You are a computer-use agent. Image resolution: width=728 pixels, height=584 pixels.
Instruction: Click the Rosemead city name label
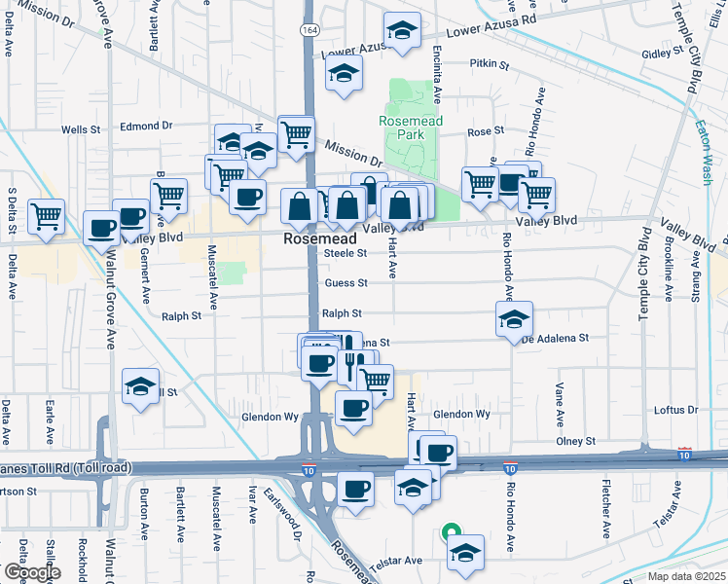(310, 238)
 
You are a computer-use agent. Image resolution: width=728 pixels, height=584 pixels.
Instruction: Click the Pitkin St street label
(490, 64)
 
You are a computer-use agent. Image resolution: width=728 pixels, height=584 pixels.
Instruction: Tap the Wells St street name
(81, 128)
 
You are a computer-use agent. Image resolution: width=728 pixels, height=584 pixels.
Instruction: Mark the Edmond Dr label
(146, 126)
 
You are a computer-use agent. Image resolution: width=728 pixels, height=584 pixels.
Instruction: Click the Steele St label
(344, 253)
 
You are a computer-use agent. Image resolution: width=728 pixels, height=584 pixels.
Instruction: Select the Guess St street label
(346, 283)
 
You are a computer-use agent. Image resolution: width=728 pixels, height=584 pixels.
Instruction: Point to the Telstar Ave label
(399, 561)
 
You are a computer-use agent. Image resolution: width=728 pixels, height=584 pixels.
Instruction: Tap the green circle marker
(450, 531)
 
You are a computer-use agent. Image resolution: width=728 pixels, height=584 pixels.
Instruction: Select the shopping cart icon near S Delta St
(46, 214)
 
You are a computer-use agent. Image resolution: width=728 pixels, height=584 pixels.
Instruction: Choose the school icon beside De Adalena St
(513, 318)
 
